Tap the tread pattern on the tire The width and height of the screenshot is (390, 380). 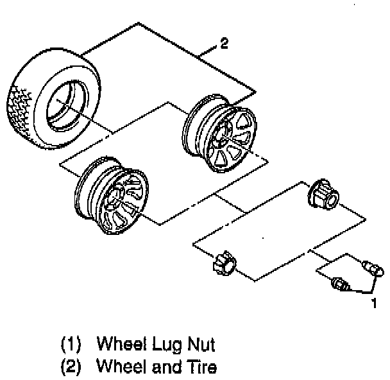coord(19,109)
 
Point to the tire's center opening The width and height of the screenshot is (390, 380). coord(65,103)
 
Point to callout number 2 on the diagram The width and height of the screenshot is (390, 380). coord(223,44)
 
